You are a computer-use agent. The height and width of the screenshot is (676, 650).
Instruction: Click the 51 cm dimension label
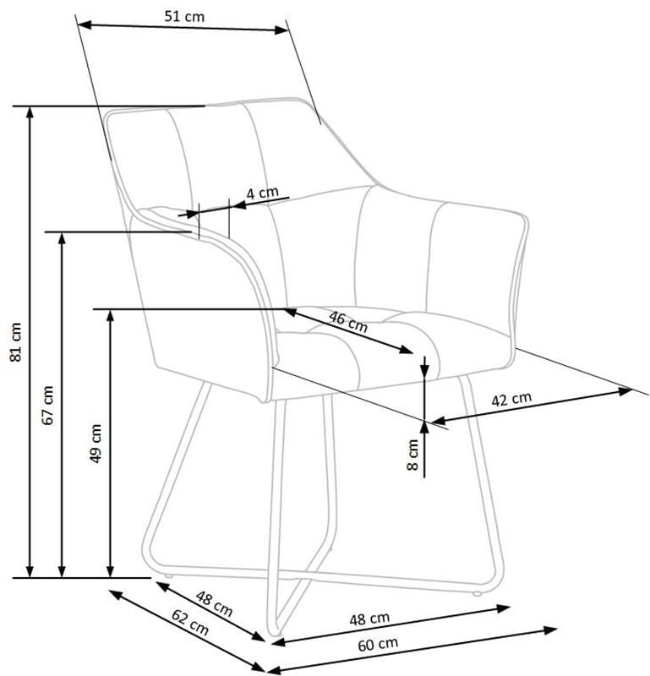coord(184,16)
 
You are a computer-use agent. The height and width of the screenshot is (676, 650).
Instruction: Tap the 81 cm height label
coord(15,341)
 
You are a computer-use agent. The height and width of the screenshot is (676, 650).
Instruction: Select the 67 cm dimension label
coord(48,406)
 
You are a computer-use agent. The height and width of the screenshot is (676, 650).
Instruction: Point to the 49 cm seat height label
coord(96,443)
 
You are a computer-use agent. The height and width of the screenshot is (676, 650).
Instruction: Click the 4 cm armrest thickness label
coord(262,193)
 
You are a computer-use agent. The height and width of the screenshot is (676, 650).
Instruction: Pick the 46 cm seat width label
coord(348,322)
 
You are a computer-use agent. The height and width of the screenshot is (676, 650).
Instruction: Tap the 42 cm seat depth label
coord(511,399)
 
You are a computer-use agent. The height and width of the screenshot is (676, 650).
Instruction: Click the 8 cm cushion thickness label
coord(412,455)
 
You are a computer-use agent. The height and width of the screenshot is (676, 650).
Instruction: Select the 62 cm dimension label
coord(190,622)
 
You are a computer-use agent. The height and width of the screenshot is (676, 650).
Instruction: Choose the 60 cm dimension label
coord(378,645)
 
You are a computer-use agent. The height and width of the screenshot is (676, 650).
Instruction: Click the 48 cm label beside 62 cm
coord(215,603)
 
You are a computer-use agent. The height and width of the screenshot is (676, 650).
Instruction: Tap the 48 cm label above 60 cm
coord(369,619)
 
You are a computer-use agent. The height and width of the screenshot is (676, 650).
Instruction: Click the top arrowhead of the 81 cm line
coord(30,112)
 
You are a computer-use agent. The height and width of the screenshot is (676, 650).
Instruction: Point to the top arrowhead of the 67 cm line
coord(62,238)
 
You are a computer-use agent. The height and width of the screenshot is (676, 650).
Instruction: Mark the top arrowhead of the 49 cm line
coord(111,315)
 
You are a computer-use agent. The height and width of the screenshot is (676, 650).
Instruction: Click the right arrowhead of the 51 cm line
coord(281,30)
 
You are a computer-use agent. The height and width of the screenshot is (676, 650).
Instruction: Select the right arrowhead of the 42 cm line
coord(625,391)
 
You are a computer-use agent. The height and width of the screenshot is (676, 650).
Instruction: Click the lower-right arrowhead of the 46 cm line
coord(407,350)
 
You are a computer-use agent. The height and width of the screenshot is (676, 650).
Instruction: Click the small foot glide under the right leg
coord(477,594)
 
